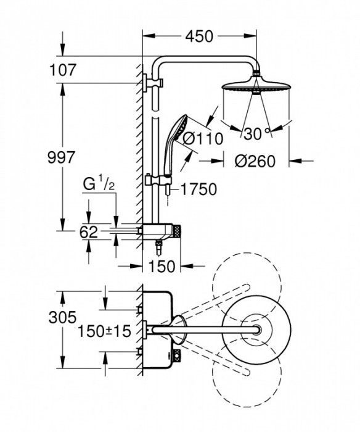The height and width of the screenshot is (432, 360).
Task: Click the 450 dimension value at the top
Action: point(199,36)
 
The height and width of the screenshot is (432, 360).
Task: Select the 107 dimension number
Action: point(62,70)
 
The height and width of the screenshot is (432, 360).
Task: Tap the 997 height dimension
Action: point(61,157)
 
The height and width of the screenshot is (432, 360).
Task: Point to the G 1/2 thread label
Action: point(99,185)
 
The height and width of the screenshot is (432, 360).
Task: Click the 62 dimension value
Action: point(89,232)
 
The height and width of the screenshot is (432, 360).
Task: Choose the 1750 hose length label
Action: point(199,189)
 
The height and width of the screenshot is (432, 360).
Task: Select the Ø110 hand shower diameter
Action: point(203,139)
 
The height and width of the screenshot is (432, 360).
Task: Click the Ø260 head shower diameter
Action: point(255,161)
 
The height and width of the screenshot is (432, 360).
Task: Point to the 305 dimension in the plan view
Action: point(62,317)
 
